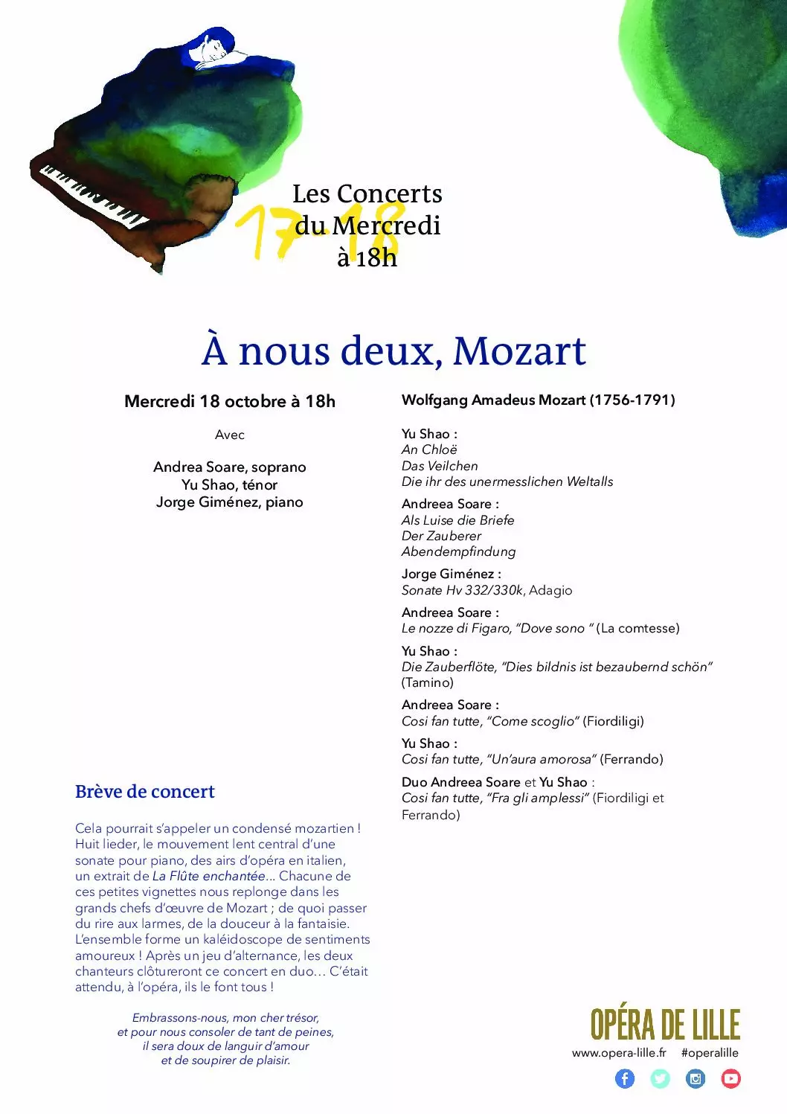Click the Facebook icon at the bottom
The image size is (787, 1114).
coord(625,1078)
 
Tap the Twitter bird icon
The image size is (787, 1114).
coord(660,1078)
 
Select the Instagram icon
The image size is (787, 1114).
coord(696,1078)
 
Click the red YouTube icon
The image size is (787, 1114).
coord(730,1078)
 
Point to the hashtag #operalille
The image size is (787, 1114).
coord(710,1052)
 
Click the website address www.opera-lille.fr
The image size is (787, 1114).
coord(619,1052)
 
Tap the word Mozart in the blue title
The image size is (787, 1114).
coord(519,350)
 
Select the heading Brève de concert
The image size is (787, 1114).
coord(144,791)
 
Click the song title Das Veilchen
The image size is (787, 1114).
coord(440,466)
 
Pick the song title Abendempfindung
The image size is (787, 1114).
coord(458,551)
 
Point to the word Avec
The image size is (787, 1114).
coord(229,435)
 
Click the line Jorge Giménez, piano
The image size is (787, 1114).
coord(229,502)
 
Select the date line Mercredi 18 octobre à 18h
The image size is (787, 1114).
coord(229,401)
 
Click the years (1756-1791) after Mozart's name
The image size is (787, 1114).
coord(632,400)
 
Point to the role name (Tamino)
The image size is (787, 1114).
coord(427,682)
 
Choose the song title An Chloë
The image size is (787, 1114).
coord(429,449)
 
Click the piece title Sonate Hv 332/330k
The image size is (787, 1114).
coord(463,590)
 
